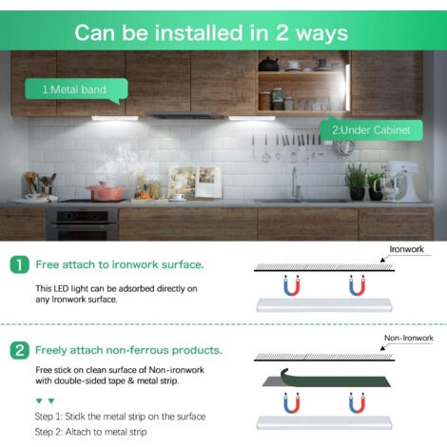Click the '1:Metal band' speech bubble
coord(76,89)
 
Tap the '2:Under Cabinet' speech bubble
coord(371,129)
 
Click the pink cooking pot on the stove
coord(105,191)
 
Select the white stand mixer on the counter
coord(400,182)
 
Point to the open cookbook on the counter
coord(195,183)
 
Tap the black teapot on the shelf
coord(268,65)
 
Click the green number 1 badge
coord(19,264)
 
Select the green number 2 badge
coord(19,350)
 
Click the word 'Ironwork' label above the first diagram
coord(406,249)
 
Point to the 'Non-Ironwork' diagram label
coord(409,338)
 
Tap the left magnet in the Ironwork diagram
coord(292,285)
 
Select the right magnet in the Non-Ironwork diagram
coord(358,402)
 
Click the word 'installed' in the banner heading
coord(199,32)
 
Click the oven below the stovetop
coord(82,223)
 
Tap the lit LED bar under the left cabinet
coord(115,118)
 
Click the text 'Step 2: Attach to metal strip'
coord(90,432)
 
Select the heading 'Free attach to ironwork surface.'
coord(120,264)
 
